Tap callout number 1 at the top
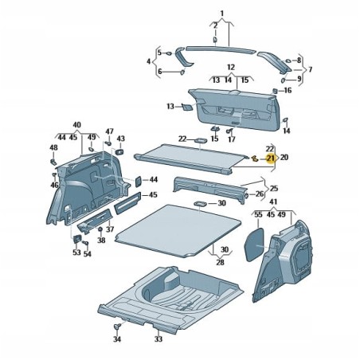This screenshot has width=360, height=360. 222,10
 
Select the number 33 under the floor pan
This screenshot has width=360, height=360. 158,339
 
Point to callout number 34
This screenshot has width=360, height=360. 116,340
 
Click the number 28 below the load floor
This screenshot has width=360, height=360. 221,261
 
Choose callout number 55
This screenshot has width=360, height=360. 258,214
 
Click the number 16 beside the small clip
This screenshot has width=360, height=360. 288,91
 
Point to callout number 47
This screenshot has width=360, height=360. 110,131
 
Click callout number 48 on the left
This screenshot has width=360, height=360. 53,147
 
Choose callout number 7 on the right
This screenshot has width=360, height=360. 310,69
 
